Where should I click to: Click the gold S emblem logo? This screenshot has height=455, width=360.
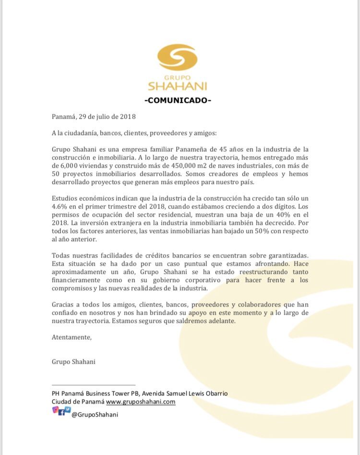click(x=177, y=57)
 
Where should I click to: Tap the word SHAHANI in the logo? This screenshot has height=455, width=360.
click(x=177, y=86)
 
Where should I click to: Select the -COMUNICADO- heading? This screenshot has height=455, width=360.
click(x=177, y=100)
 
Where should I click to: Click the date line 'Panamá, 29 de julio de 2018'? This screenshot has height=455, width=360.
click(x=94, y=116)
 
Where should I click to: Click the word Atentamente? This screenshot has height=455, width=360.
click(x=72, y=337)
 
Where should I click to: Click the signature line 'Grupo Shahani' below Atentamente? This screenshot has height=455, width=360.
click(x=73, y=361)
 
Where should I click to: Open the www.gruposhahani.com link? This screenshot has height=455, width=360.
click(x=141, y=402)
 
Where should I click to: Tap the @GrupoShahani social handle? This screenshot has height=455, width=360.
click(x=95, y=414)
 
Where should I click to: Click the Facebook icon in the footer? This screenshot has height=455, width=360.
click(x=61, y=412)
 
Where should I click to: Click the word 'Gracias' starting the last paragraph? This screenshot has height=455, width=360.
click(x=63, y=305)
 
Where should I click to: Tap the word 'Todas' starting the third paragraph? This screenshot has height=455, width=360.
click(x=61, y=255)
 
